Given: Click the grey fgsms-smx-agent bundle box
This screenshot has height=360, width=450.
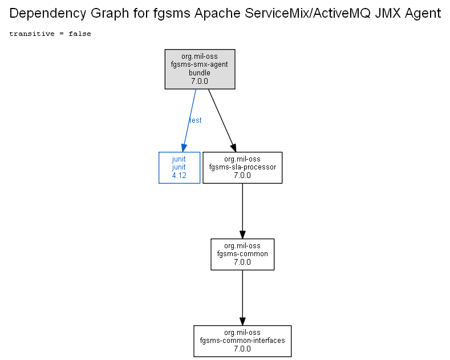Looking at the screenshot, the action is click(200, 69).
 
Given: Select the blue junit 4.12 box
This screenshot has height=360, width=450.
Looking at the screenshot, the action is click(179, 168).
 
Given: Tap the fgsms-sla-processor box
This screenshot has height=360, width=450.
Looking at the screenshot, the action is click(242, 168).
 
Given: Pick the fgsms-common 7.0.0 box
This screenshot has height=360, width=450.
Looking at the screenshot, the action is click(242, 254).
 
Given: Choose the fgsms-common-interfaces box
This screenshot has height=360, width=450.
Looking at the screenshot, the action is click(242, 341).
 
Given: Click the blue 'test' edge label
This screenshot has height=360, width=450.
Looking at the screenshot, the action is click(196, 120).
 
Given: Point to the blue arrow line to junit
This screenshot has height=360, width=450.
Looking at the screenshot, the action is click(189, 120).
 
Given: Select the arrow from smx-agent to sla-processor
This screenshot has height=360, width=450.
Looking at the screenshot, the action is click(222, 120).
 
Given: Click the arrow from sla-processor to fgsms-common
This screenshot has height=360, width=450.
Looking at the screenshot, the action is click(242, 211).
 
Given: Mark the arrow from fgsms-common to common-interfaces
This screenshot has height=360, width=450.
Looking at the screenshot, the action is click(242, 298).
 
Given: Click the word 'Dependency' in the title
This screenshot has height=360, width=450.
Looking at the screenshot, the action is click(48, 14).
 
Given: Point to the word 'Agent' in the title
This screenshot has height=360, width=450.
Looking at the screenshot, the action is click(423, 14).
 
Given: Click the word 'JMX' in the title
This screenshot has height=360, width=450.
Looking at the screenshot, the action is click(388, 13).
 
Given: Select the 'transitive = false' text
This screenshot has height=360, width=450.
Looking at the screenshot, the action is click(50, 34).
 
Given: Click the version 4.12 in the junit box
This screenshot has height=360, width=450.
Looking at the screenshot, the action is click(179, 175).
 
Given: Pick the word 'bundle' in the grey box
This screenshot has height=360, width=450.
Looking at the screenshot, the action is click(200, 73).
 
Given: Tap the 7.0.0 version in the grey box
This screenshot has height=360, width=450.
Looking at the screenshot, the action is click(200, 81).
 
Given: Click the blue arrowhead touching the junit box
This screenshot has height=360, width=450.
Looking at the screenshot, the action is click(184, 148).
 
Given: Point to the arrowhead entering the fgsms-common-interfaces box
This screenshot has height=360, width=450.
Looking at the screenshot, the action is click(242, 321).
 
